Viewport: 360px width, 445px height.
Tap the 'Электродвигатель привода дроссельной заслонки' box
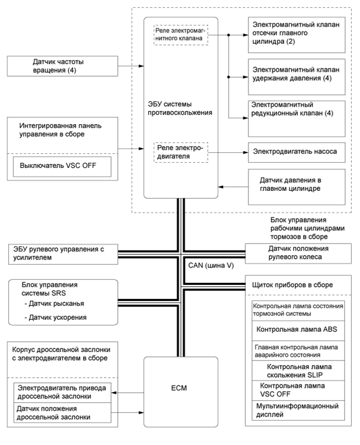[63, 392]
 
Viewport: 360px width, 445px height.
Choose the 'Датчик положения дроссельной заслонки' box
[63, 413]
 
